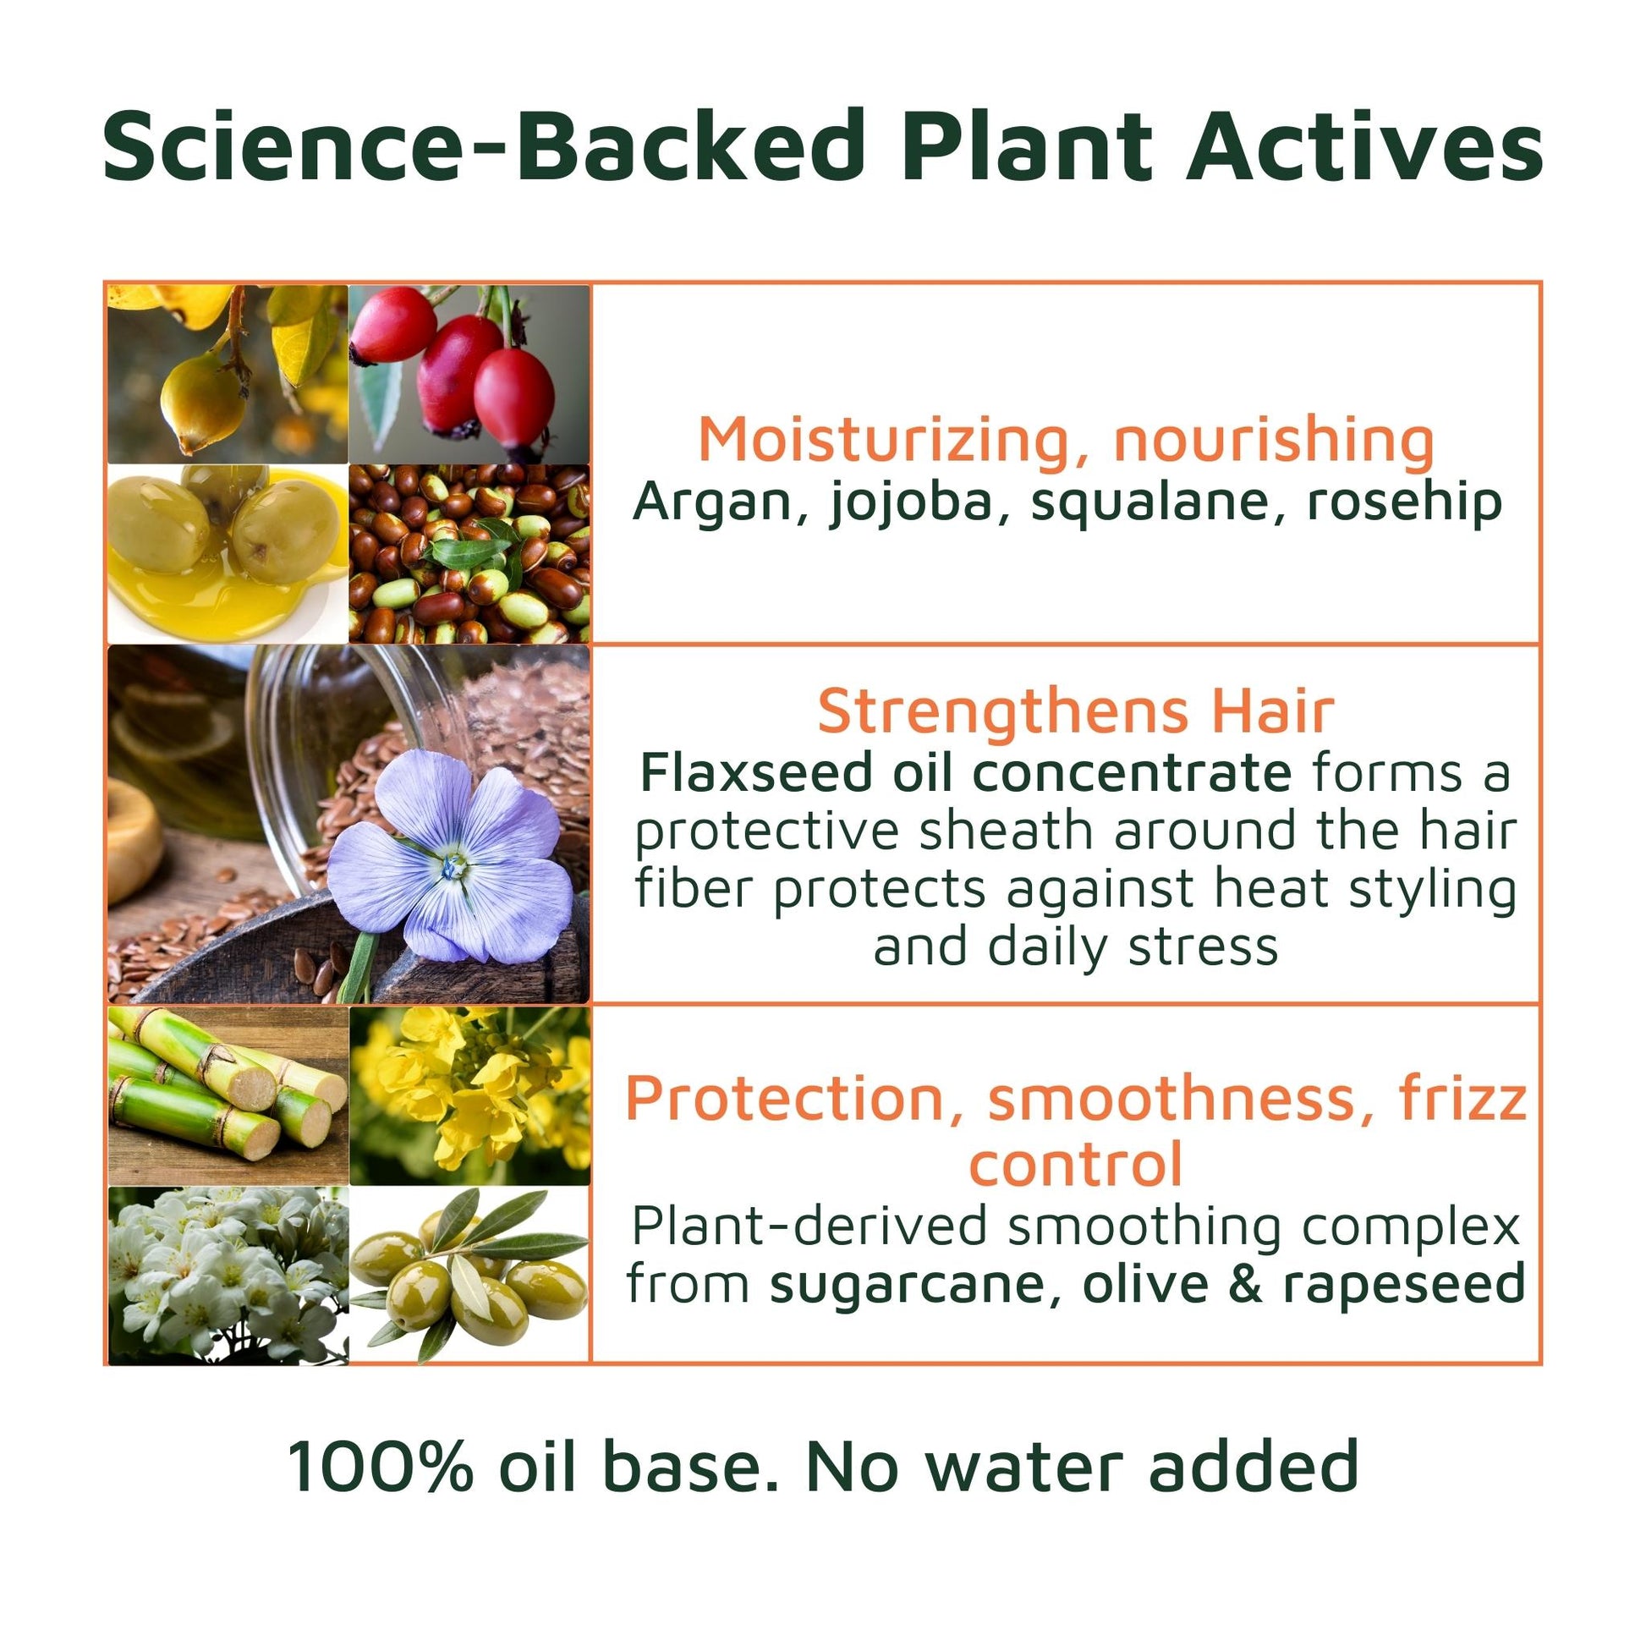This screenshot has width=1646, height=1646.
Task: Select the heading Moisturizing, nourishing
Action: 1066,440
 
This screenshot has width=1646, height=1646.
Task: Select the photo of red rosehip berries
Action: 469,374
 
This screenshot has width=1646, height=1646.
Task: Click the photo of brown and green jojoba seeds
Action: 469,554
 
